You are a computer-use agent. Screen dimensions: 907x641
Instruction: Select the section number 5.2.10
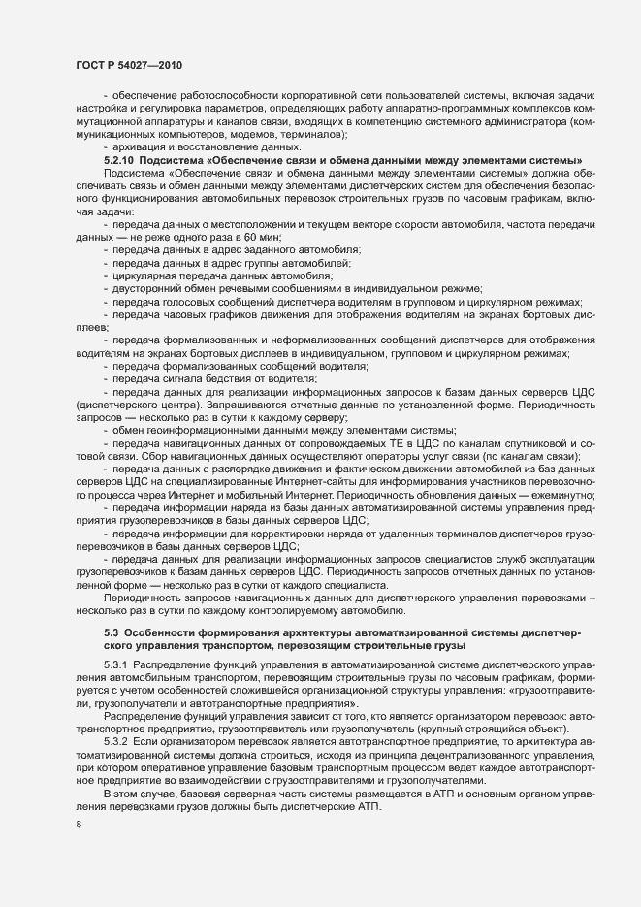121,159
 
